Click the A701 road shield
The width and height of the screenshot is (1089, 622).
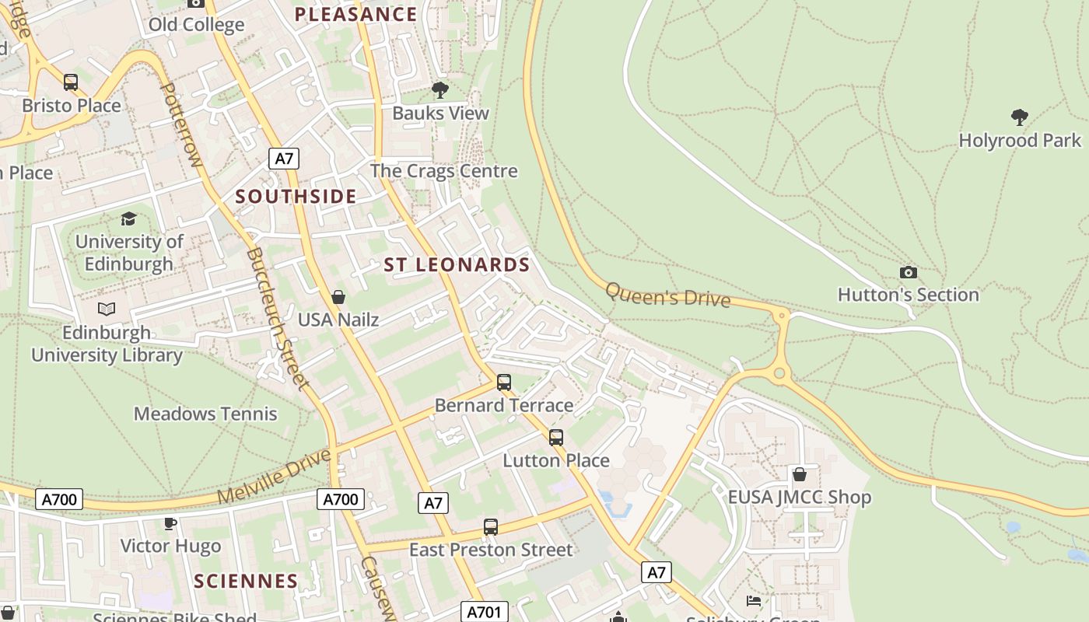pos(484,612)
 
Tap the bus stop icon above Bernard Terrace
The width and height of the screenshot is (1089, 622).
pos(503,383)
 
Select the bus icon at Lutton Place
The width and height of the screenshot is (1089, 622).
pos(555,438)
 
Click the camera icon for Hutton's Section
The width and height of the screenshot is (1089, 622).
pos(908,272)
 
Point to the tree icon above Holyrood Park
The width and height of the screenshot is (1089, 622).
pos(1019,117)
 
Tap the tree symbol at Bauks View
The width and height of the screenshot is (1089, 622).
pos(440,90)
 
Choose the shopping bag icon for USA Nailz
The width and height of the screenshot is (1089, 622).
pos(338,297)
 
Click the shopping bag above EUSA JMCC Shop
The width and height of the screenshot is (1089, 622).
pos(799,474)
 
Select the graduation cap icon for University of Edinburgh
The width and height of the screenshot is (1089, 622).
pos(128,219)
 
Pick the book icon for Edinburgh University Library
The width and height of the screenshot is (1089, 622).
pos(107,309)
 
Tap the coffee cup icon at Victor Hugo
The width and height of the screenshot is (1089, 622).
pos(170,523)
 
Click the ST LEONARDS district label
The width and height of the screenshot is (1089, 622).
pos(457,265)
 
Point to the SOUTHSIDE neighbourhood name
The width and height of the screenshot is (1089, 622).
pos(296,197)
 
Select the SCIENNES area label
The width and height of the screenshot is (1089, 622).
pos(246,581)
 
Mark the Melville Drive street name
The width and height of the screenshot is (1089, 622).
pos(275,476)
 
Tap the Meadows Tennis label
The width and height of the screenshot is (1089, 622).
pos(205,414)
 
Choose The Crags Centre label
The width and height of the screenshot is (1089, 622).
pos(443,171)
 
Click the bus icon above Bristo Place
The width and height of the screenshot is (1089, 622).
pos(71,82)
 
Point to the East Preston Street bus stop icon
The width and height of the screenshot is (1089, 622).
pos(490,527)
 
